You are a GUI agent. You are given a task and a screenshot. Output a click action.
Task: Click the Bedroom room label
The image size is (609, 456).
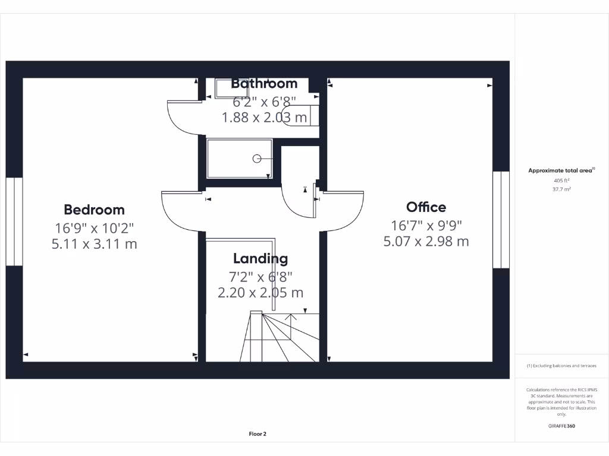[94, 210]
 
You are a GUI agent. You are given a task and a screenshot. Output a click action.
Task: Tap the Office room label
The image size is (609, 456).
[426, 207]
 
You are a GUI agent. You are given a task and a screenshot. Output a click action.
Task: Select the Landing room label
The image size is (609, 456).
[260, 258]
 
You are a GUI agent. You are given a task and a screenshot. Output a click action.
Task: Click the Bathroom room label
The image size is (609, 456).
[263, 83]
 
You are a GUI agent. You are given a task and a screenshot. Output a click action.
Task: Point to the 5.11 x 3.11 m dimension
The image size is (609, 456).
[94, 243]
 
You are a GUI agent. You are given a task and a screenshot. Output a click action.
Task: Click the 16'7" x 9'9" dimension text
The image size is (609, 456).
[426, 225]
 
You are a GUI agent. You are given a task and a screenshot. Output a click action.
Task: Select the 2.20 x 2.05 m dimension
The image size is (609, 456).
[260, 293]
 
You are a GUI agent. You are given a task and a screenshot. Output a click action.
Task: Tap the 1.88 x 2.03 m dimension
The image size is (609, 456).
[264, 118]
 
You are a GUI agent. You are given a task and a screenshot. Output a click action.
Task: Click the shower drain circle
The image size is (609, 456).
[257, 159]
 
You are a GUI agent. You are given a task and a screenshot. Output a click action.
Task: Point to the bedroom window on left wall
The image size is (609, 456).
[14, 221]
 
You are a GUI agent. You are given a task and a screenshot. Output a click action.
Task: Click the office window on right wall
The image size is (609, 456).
[501, 220]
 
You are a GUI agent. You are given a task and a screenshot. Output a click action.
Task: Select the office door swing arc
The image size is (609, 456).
[345, 213]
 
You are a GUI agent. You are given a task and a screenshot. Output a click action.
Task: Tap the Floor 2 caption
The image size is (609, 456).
[258, 434]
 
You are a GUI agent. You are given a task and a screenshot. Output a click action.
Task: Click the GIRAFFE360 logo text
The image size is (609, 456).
[561, 426]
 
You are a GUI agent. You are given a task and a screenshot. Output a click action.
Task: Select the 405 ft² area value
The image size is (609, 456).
[561, 180]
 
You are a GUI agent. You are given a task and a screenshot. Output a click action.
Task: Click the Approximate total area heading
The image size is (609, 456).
[561, 170]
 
